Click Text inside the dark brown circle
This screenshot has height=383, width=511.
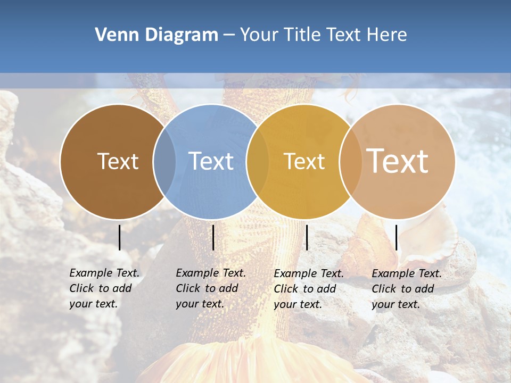[x=118, y=161]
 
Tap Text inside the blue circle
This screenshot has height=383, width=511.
[x=211, y=161]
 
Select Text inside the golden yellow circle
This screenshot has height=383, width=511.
[x=304, y=161]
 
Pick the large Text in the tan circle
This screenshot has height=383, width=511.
[x=397, y=161]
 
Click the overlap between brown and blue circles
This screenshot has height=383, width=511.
[x=164, y=162]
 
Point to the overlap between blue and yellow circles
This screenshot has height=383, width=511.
[x=258, y=162]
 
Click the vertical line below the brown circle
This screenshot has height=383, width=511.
[x=119, y=237]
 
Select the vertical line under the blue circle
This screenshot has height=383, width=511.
[x=213, y=237]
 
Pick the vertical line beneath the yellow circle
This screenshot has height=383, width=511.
[x=307, y=237]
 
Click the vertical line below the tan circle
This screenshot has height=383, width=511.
[x=396, y=237]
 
